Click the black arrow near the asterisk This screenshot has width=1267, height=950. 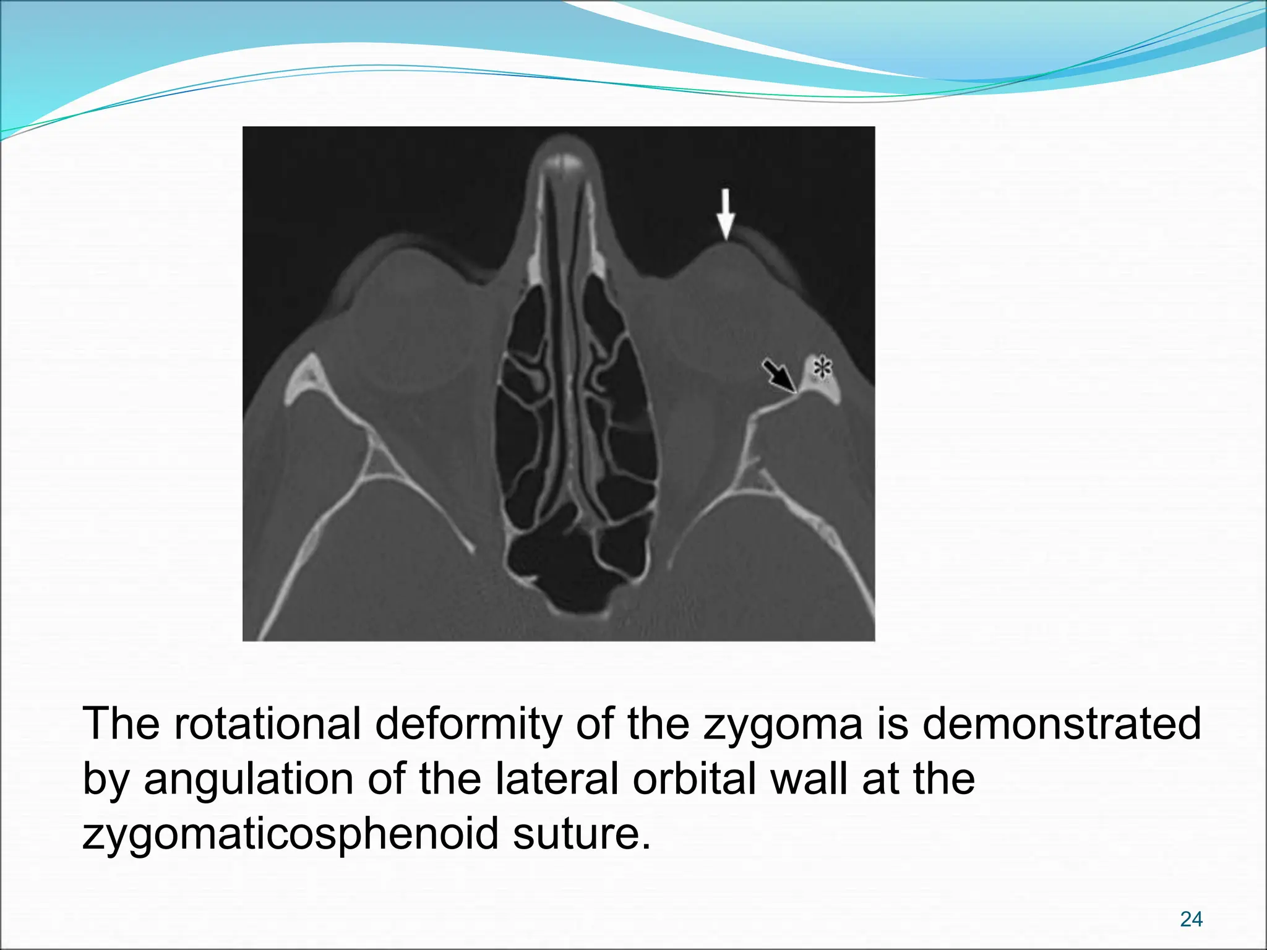779,375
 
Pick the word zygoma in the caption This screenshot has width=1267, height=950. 783,723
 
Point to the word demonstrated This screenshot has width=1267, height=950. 1062,723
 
